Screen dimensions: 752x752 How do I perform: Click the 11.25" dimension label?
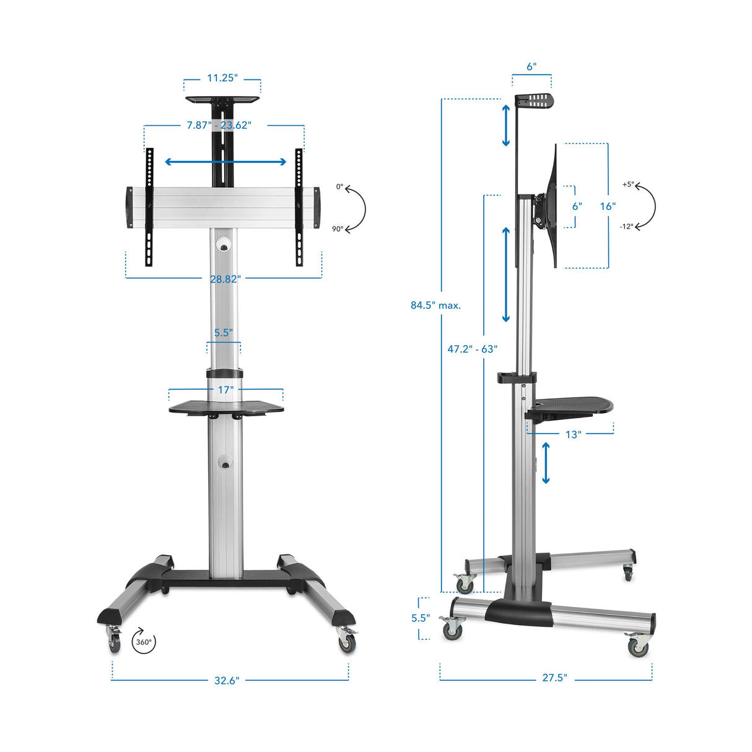click(222, 78)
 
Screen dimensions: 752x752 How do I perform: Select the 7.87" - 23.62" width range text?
click(219, 125)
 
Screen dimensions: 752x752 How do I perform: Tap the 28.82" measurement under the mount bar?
click(225, 279)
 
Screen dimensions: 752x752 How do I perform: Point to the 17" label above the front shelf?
click(225, 390)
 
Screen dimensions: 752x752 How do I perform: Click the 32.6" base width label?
click(226, 681)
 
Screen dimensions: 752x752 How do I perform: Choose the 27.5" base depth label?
click(554, 678)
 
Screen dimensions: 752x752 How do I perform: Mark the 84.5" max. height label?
click(435, 305)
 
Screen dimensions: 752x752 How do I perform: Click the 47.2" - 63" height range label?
click(472, 349)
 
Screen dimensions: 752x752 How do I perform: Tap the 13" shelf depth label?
click(573, 434)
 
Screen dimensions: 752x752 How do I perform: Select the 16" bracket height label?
click(607, 206)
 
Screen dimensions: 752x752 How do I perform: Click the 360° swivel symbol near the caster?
click(143, 642)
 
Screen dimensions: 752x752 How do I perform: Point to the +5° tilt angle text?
click(627, 185)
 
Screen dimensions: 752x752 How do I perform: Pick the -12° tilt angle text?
click(626, 227)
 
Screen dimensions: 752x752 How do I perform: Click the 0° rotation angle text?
click(339, 186)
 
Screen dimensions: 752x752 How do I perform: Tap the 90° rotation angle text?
click(337, 229)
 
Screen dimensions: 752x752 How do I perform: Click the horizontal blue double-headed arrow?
click(225, 162)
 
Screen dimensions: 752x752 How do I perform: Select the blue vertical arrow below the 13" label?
click(546, 463)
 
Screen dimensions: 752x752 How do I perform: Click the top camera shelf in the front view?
click(222, 98)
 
